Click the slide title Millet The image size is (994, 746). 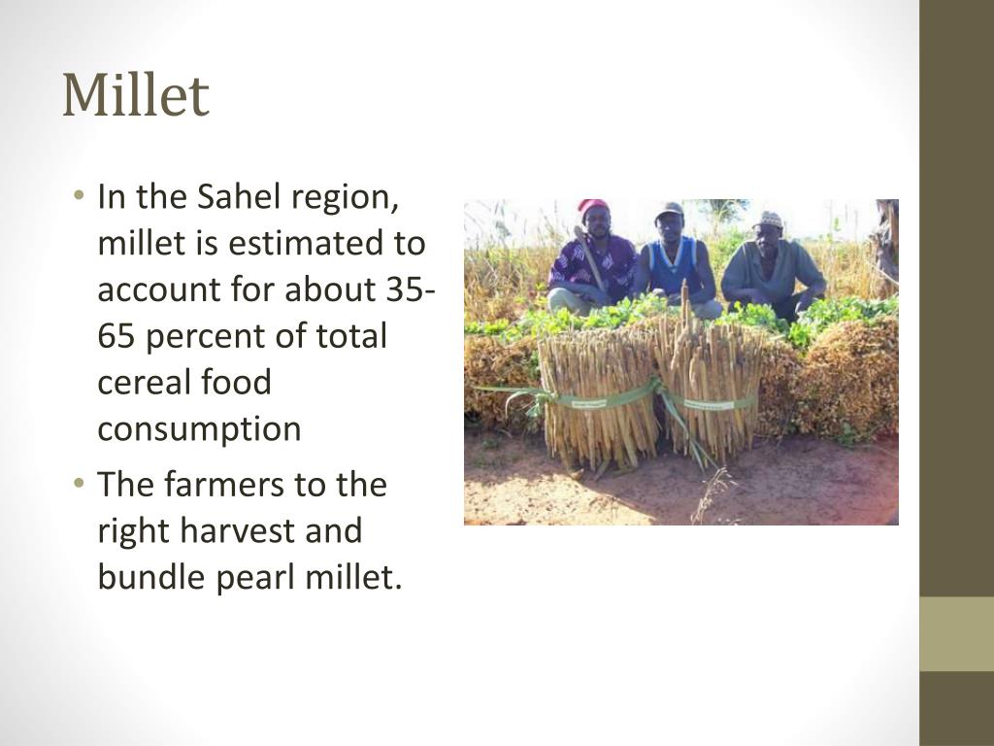[x=136, y=95]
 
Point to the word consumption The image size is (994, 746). [x=199, y=429]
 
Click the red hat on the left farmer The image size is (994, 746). [x=592, y=207]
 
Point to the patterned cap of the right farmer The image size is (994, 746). [x=768, y=220]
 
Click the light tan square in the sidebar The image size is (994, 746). [x=956, y=633]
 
